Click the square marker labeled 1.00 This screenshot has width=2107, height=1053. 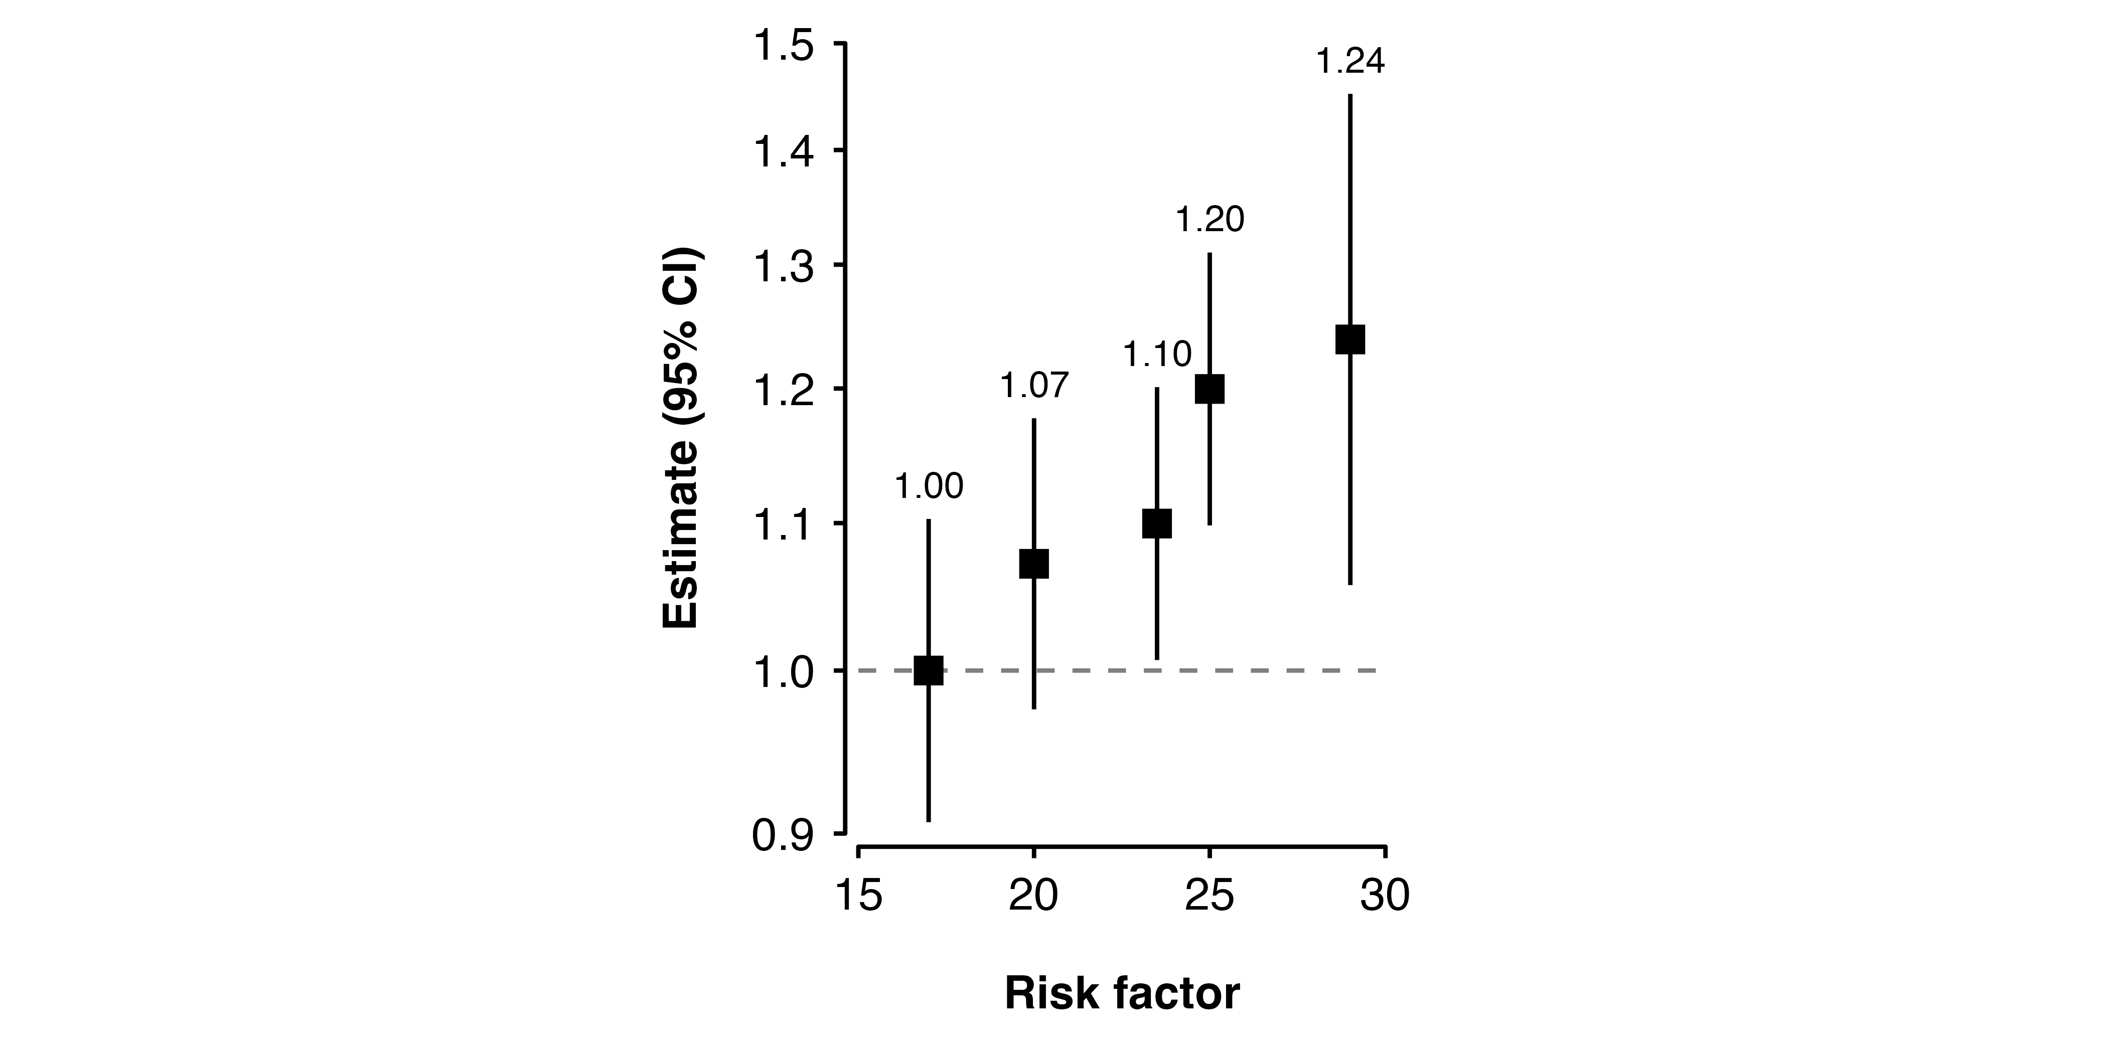click(x=929, y=670)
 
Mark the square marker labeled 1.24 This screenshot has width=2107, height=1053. click(x=1349, y=338)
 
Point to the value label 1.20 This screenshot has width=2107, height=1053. click(x=1210, y=220)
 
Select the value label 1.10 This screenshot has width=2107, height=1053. click(x=1156, y=355)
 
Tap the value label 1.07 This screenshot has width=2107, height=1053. click(x=1034, y=386)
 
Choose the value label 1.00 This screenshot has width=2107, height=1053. click(x=929, y=487)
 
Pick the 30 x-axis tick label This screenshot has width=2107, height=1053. click(x=1385, y=895)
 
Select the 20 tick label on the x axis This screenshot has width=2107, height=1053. click(x=1034, y=895)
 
